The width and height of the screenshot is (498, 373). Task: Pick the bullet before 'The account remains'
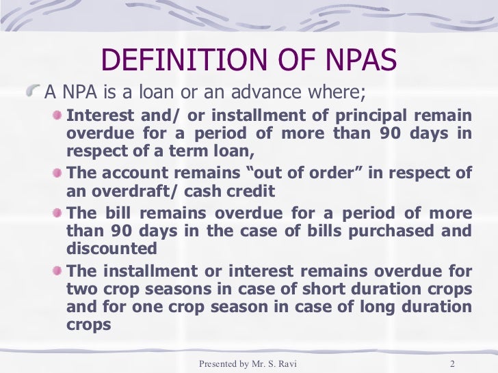(x=58, y=173)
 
